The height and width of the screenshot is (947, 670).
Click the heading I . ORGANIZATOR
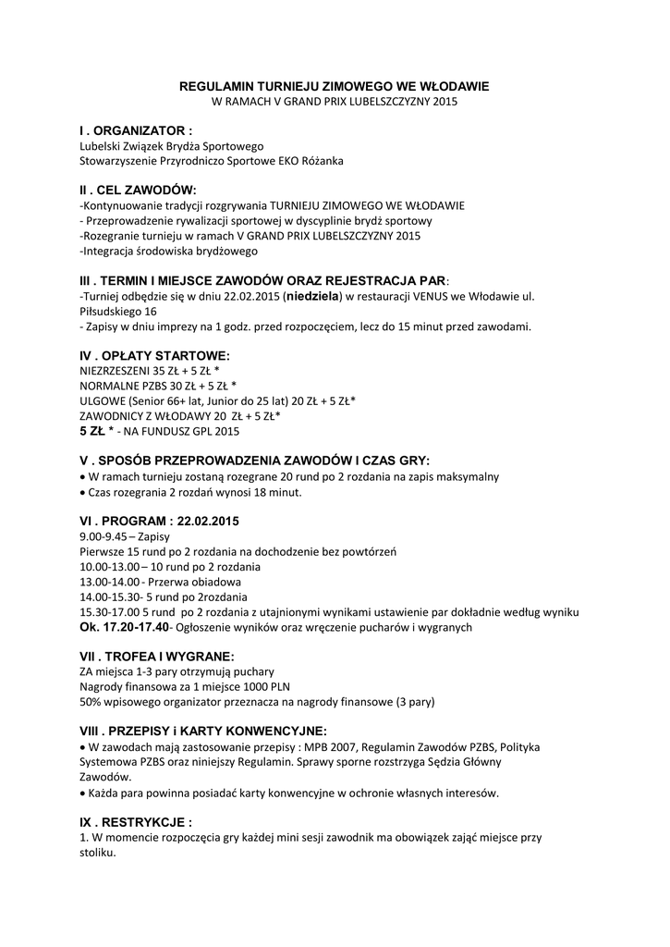136,131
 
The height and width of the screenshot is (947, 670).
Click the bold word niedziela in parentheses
313,296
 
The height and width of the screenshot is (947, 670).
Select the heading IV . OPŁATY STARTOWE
154,355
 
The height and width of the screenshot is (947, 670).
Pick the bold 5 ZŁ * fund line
97,430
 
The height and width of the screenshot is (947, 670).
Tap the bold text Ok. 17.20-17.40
124,627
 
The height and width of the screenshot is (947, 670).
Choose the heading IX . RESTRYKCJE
136,821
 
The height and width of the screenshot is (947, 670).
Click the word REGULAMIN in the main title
214,85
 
